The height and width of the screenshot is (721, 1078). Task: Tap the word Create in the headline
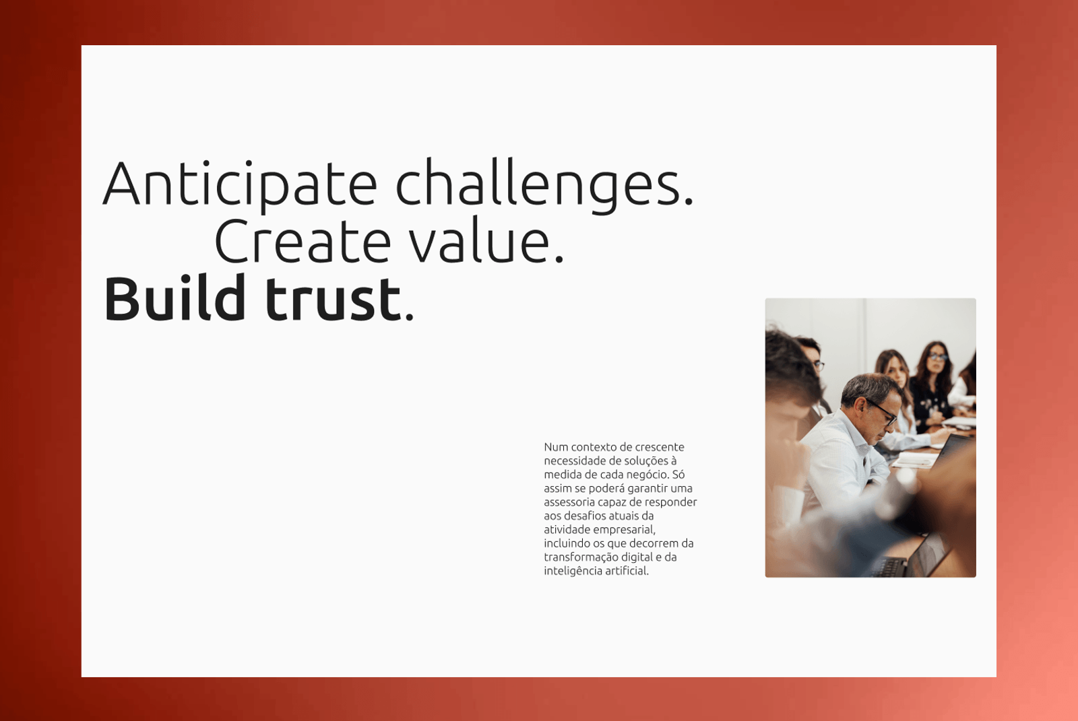[x=303, y=240]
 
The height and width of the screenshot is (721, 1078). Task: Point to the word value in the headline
[x=486, y=240]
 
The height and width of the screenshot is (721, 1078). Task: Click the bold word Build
[x=175, y=298]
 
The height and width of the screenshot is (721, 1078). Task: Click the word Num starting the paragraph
[x=556, y=447]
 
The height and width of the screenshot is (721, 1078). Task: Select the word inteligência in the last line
[x=569, y=571]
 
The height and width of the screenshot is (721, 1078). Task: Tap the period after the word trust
[x=409, y=316]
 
